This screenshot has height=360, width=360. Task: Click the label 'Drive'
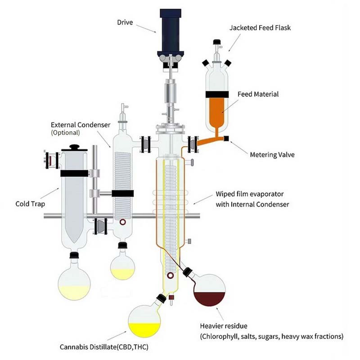point(126,22)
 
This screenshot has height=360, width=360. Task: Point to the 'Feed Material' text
point(258,94)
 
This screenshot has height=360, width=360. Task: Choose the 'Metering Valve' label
point(272,154)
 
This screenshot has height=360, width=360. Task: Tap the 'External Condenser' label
point(81,125)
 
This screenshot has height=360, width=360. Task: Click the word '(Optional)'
point(65,133)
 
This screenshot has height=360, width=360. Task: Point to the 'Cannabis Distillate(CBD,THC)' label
point(104,347)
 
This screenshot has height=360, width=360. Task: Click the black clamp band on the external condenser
point(122,193)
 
